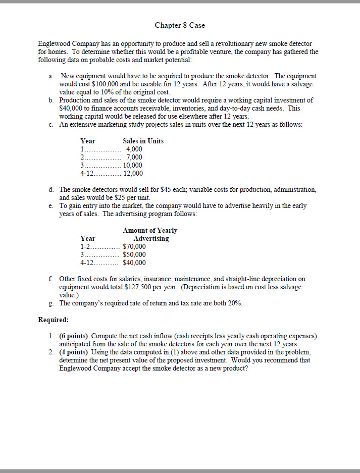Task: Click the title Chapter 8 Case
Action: click(180, 25)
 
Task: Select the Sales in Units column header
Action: click(143, 141)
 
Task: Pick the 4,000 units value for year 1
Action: click(134, 149)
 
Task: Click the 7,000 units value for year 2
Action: click(134, 157)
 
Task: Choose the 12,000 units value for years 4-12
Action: click(133, 173)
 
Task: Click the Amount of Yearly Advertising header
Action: click(150, 234)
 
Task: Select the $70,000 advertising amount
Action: click(134, 246)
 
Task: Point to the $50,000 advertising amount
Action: click(134, 254)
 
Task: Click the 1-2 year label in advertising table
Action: click(86, 246)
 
